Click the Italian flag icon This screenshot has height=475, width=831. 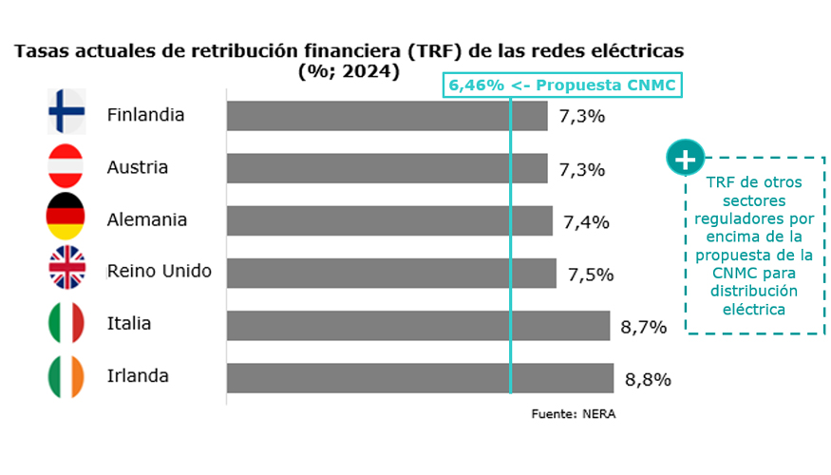(66, 324)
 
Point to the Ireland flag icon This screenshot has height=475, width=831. (66, 376)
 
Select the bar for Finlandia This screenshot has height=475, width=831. (387, 116)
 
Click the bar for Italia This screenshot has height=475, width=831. (418, 325)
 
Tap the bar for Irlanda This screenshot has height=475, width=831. (420, 377)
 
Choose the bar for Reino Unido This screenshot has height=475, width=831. (391, 273)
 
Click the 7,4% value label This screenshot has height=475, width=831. (586, 222)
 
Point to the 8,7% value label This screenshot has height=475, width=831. (643, 327)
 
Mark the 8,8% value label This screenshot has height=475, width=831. (648, 379)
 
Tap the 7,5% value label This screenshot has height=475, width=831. (591, 275)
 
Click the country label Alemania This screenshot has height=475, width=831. (147, 219)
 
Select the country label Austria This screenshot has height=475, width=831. (138, 167)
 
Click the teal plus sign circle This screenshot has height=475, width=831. (685, 159)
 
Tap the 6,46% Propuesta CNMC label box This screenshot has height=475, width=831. (562, 85)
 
